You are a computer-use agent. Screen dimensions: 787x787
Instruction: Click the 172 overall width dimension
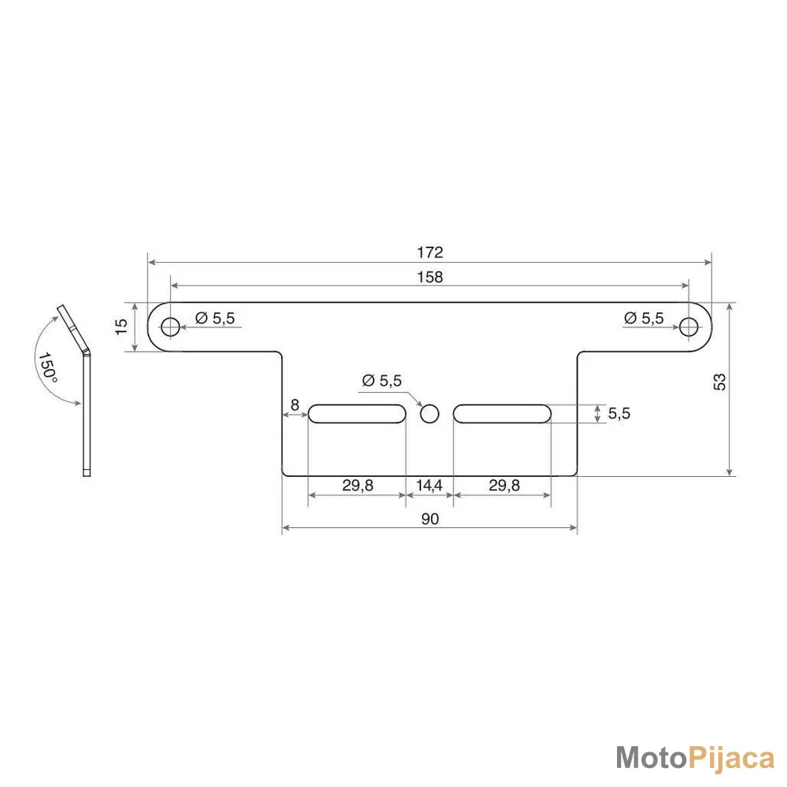430,252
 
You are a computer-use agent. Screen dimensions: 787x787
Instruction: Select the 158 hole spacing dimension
430,277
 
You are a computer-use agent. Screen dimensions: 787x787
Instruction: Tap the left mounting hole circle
171,327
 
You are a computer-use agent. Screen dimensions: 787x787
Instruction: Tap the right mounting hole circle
689,327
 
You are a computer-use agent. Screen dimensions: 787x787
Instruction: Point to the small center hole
430,414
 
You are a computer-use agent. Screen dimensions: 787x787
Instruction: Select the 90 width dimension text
430,519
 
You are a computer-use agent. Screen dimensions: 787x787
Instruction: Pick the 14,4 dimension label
429,486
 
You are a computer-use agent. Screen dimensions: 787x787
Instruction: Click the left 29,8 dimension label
358,486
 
